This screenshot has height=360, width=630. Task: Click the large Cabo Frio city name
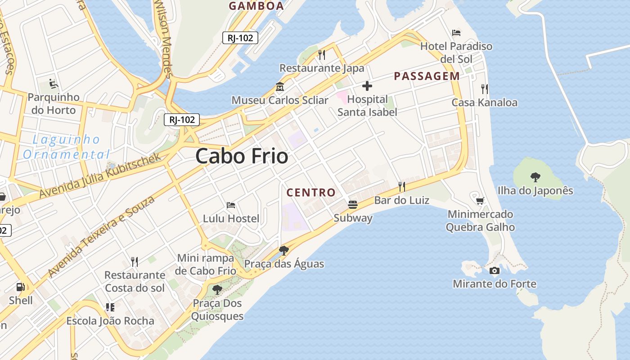[242, 156]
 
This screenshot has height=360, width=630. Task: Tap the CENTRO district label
[311, 193]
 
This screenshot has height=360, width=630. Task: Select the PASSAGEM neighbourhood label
[427, 76]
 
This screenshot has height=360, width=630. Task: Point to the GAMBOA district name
[256, 6]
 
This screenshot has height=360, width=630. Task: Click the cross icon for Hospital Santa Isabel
[367, 85]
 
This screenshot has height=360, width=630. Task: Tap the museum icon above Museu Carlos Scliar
[280, 86]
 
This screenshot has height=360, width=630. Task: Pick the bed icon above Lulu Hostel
[231, 205]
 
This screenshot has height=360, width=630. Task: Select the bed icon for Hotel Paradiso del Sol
[456, 32]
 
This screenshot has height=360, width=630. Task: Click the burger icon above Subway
[353, 205]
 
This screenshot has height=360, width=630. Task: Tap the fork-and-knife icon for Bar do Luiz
[402, 186]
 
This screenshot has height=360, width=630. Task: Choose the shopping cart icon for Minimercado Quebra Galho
[480, 200]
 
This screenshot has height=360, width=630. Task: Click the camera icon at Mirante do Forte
[494, 270]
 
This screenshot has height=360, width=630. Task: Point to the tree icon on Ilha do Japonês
[535, 177]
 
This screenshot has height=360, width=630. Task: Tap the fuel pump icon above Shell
[20, 286]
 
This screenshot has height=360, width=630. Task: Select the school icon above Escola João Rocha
[110, 307]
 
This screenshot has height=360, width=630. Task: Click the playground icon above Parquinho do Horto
[53, 83]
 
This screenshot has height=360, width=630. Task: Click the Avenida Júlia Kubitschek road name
[100, 175]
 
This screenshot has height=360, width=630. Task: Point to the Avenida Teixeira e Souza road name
[101, 236]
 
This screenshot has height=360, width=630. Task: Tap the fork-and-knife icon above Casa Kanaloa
[484, 89]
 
